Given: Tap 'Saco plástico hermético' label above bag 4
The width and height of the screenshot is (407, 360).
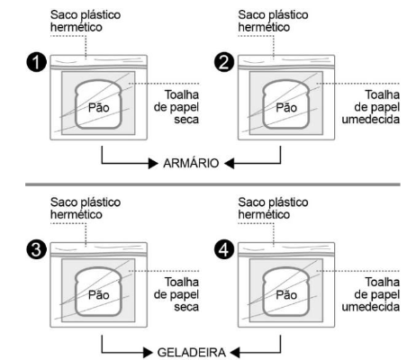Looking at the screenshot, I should tap(274, 208).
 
